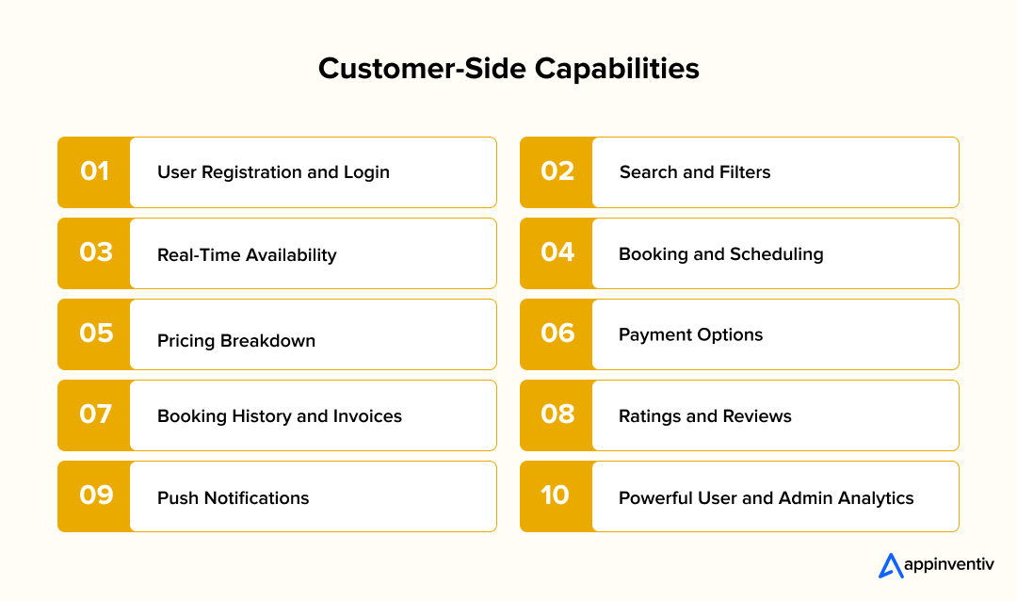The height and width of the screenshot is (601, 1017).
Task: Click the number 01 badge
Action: point(94,171)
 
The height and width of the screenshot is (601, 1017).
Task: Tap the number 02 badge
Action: point(557,171)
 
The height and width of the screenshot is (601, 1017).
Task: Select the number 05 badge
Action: point(95,333)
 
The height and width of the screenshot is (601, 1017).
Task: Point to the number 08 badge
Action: point(557,414)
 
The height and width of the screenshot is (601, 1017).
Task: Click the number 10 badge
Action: point(556,495)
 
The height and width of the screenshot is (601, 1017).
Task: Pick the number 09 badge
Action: point(95,495)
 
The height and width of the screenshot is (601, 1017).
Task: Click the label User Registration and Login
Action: point(273,172)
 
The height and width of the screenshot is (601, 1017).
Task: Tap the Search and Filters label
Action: point(695,172)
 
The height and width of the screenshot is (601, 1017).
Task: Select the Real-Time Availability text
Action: point(247,254)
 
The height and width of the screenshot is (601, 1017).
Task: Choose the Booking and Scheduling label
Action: point(721,253)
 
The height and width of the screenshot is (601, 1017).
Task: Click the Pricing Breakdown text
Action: point(236,340)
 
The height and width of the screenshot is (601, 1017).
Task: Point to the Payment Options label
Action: point(691,334)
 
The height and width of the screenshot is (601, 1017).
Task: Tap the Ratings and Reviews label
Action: point(705,415)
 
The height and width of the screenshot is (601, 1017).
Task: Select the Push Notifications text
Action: point(234,497)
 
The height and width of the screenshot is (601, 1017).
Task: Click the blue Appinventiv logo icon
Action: point(890,565)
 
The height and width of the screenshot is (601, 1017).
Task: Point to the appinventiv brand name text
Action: point(948,565)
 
